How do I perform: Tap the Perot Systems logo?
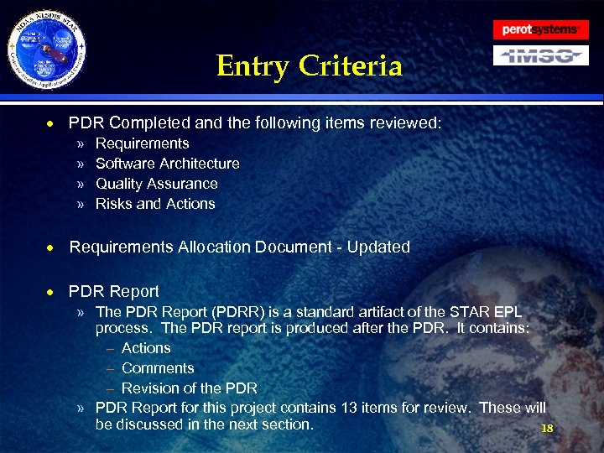(x=540, y=29)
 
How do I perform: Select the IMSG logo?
(x=540, y=55)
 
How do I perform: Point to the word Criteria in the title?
(x=356, y=65)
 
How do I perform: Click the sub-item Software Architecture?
(x=168, y=164)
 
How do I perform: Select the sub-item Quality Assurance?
(x=156, y=184)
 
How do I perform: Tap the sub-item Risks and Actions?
(x=155, y=204)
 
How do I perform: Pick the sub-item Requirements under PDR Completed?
(x=143, y=143)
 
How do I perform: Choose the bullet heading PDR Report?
(x=114, y=292)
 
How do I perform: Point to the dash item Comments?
(x=158, y=368)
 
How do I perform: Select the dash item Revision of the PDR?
(x=190, y=388)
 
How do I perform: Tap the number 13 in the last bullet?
(x=350, y=409)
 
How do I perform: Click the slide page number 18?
(x=547, y=429)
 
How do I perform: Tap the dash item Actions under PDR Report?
(x=146, y=348)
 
